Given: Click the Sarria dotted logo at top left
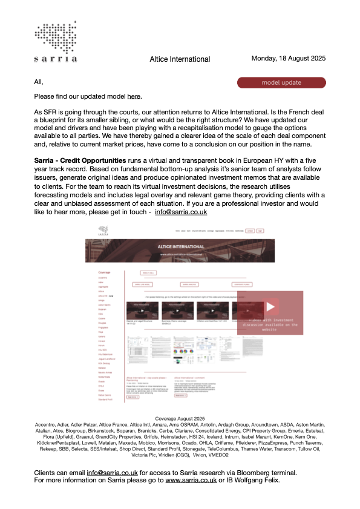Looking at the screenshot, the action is (x=56, y=39).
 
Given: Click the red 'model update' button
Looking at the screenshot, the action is (x=281, y=82).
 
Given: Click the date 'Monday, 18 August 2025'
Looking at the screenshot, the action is (x=289, y=59).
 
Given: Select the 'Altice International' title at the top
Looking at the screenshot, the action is (x=180, y=59).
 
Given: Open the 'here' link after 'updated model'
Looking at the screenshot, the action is (x=134, y=96).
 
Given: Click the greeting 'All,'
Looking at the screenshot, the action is (x=39, y=82).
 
